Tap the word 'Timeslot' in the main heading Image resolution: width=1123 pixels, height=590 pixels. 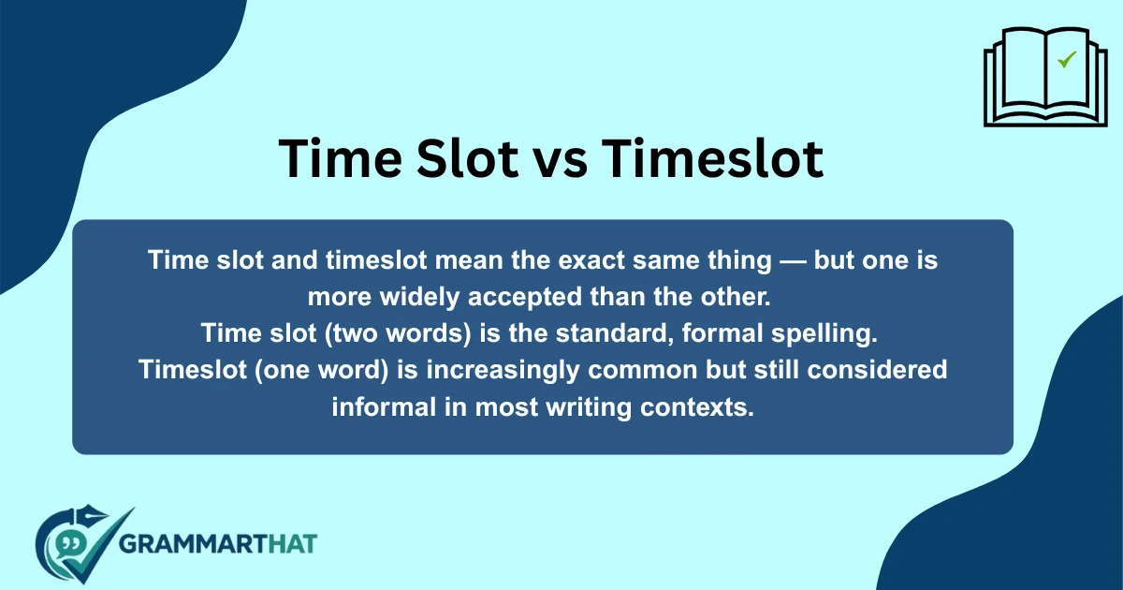(x=711, y=158)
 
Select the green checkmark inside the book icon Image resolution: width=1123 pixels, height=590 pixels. (x=1066, y=61)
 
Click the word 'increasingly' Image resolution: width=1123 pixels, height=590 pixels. (x=505, y=370)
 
